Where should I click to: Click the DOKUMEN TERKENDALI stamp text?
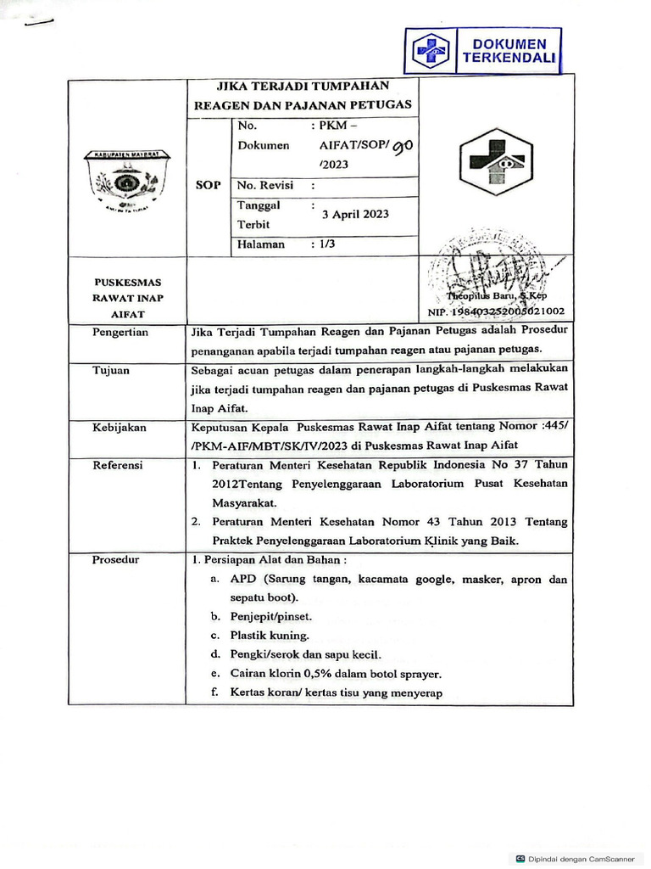click(509, 51)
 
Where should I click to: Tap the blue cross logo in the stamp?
click(431, 51)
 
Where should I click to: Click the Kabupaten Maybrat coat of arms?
click(126, 181)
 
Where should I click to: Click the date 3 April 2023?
click(355, 214)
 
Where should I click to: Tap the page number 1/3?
click(323, 244)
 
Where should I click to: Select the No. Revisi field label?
click(264, 185)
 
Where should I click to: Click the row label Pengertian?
click(120, 333)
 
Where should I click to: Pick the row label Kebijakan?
click(119, 428)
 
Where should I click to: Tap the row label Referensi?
click(117, 465)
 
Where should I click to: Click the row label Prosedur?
click(116, 560)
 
